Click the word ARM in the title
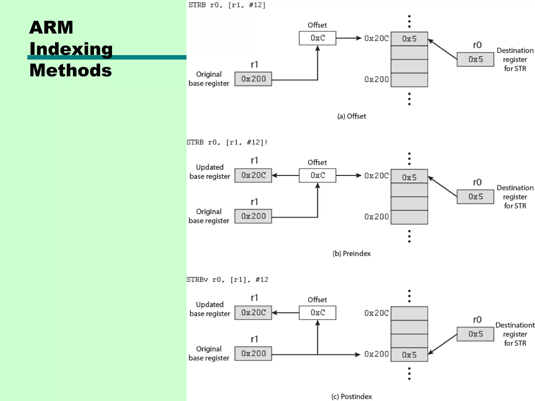click(51, 27)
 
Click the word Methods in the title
click(71, 70)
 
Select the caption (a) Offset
click(352, 116)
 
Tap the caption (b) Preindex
click(352, 253)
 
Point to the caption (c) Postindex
click(352, 397)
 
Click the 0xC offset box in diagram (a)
click(317, 38)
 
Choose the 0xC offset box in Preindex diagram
click(317, 175)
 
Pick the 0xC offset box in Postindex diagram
click(317, 312)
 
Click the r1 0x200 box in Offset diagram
click(253, 79)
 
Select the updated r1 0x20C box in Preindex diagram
click(253, 175)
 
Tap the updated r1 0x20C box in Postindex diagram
click(253, 312)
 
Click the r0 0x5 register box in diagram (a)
click(475, 60)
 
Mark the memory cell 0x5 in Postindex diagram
click(409, 355)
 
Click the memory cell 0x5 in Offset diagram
click(409, 39)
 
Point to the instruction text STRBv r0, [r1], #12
click(227, 280)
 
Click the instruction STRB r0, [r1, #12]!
click(227, 142)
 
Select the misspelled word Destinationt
click(515, 325)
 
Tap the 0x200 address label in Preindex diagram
click(376, 217)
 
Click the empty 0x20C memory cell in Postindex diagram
click(409, 313)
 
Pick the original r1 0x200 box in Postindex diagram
click(253, 353)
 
